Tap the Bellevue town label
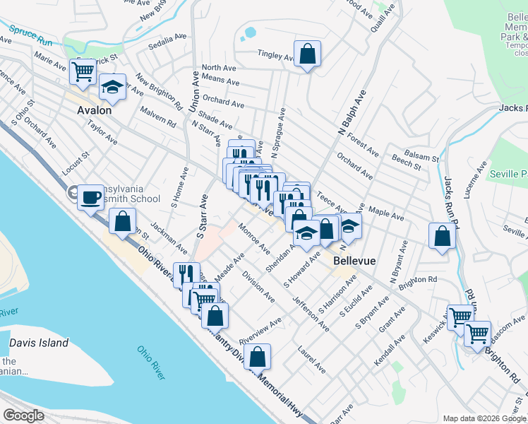354,261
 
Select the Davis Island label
39,343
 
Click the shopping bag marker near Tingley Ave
307,54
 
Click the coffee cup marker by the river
90,197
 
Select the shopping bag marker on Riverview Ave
258,357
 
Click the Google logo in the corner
23,416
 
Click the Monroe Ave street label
254,239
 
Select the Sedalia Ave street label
167,46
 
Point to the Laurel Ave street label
311,358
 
